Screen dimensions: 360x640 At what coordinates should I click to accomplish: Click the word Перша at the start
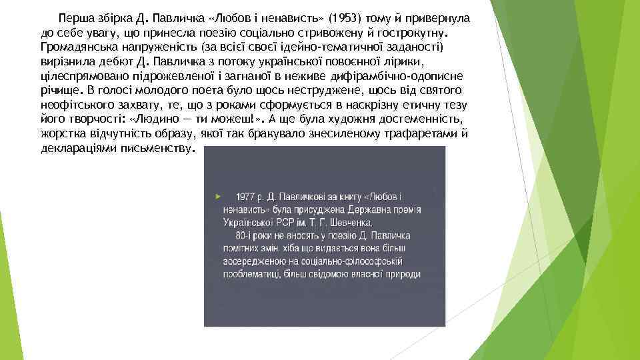75,17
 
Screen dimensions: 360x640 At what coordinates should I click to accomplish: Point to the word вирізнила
63,63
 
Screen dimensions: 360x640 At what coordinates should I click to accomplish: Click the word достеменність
421,120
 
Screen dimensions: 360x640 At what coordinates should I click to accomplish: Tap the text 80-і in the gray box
245,235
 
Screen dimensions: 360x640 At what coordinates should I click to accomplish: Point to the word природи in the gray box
402,274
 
